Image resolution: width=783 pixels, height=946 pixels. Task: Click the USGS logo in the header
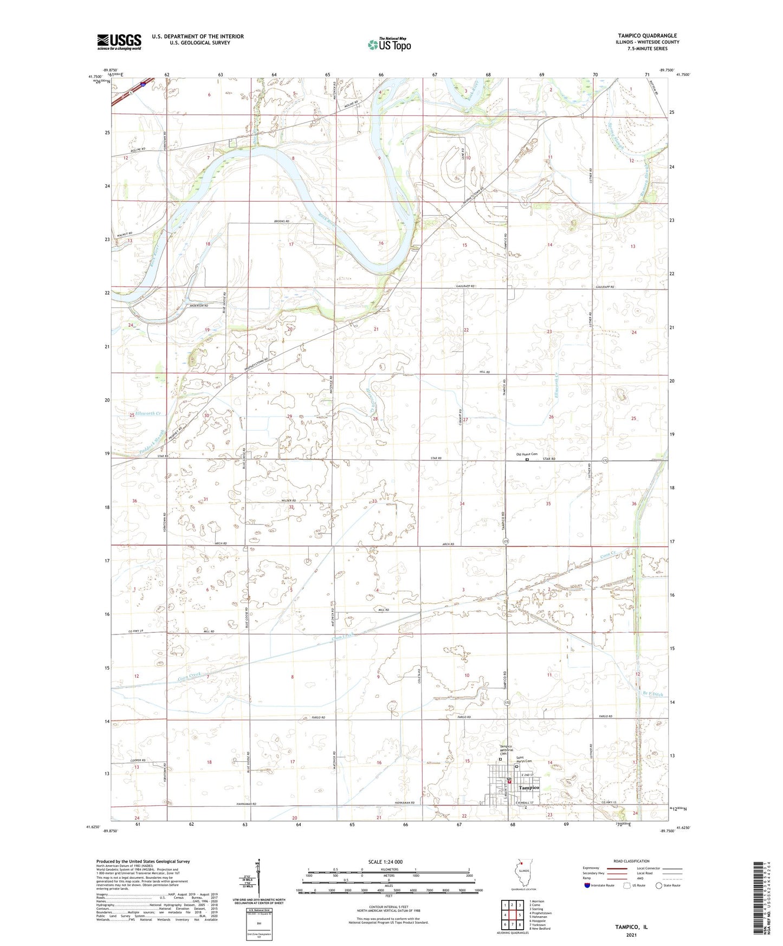[119, 41]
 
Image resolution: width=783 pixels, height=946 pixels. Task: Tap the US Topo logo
[389, 44]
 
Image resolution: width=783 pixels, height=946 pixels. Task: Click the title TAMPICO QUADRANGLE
[647, 36]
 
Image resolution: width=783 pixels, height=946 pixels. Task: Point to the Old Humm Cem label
[526, 455]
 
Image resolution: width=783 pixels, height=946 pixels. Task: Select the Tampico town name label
[529, 787]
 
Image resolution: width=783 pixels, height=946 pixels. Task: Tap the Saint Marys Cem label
[524, 760]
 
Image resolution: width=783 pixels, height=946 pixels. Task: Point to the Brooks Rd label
[282, 222]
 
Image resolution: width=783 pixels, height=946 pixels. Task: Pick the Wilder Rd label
[288, 501]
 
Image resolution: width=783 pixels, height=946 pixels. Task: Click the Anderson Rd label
[198, 306]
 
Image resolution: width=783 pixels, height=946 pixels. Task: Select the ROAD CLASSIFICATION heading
[631, 861]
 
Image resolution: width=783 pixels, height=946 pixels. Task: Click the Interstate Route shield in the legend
[587, 885]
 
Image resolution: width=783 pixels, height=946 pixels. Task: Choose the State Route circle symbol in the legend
[658, 885]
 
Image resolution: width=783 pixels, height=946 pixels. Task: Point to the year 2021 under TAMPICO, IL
[631, 935]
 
